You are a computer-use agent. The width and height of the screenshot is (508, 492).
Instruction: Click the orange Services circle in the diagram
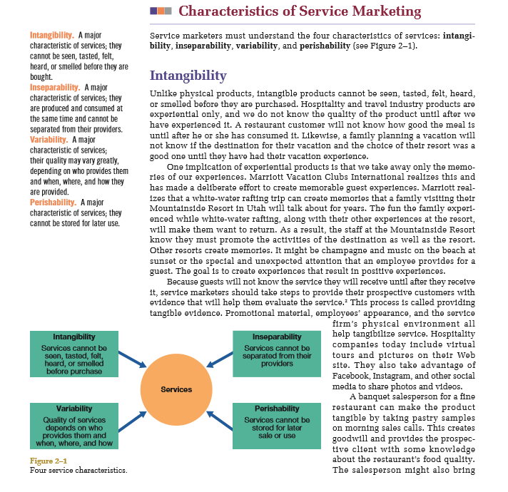176,389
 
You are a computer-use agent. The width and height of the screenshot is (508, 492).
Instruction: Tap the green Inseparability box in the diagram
277,353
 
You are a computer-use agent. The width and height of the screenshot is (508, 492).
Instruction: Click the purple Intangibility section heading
188,75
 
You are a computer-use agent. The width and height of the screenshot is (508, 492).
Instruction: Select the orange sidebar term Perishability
53,203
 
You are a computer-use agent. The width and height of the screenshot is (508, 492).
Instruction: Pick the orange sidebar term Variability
49,140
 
